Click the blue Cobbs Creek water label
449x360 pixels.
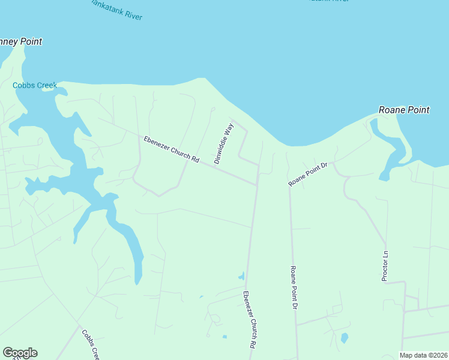35,85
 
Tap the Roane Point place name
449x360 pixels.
404,110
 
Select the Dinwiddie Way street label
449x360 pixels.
223,143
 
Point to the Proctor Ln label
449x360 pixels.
386,266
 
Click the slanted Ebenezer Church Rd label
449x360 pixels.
171,149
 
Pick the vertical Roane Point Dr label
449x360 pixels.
294,287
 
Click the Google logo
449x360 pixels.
20,353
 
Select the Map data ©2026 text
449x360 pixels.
424,355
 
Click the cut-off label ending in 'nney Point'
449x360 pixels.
21,42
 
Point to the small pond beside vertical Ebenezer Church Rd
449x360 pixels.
241,277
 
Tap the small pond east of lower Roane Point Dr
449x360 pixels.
344,338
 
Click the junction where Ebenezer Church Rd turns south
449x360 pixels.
258,184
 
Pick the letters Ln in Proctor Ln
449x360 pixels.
386,254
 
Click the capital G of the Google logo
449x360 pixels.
8,353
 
